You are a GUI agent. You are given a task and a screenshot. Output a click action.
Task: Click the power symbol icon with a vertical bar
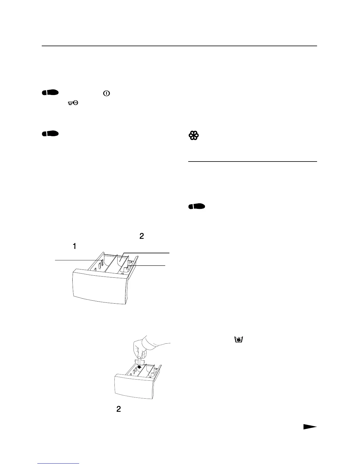[106, 93]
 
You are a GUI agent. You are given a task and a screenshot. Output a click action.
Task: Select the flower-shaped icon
[194, 136]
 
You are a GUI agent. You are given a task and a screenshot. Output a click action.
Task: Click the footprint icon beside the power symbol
[50, 93]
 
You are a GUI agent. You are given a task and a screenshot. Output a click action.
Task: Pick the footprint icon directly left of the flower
[50, 134]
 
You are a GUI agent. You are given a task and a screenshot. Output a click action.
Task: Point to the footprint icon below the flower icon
[197, 207]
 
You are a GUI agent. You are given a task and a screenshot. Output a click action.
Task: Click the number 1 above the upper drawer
[75, 247]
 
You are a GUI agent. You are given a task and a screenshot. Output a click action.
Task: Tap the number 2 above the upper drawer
[141, 236]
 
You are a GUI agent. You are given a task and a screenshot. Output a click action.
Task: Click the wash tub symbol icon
[239, 339]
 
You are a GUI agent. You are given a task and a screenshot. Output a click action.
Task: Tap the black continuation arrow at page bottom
[310, 427]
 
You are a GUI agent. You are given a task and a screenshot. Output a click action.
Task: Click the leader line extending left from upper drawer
[76, 260]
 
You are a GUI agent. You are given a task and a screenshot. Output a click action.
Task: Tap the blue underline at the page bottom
[58, 464]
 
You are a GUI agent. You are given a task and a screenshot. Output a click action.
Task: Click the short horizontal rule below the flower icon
[252, 162]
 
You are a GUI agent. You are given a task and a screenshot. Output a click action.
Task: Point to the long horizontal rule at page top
[179, 46]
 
